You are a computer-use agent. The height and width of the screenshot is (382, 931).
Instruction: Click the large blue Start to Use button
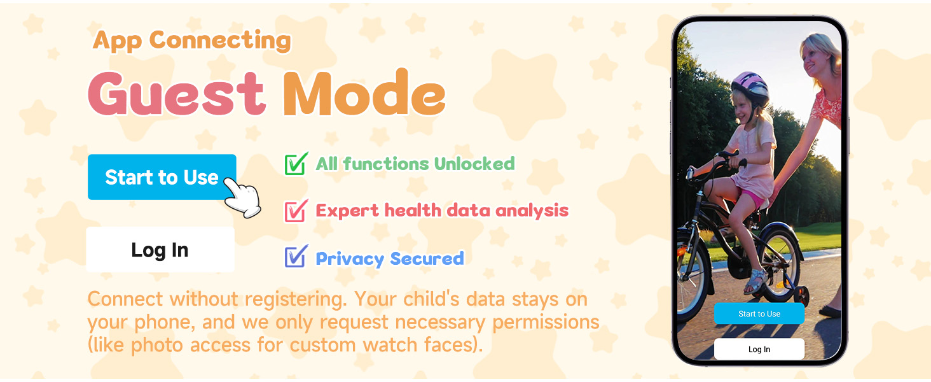point(162,177)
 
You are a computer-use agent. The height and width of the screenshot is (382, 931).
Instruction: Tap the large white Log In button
point(160,250)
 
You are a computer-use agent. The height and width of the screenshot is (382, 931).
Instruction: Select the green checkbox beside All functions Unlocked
point(296,164)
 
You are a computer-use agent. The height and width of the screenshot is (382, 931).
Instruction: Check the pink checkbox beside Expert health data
point(296,211)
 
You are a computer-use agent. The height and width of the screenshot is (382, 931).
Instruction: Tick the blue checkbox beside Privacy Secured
point(296,257)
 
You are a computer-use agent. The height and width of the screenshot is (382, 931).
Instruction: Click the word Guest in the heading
point(176,94)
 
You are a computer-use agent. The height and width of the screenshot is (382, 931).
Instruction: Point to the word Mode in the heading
point(363,94)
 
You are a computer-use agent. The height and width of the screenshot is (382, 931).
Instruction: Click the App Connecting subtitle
point(191,40)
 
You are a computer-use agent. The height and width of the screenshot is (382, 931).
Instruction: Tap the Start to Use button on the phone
point(759,314)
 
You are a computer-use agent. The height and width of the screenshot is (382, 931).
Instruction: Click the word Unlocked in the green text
point(474,164)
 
